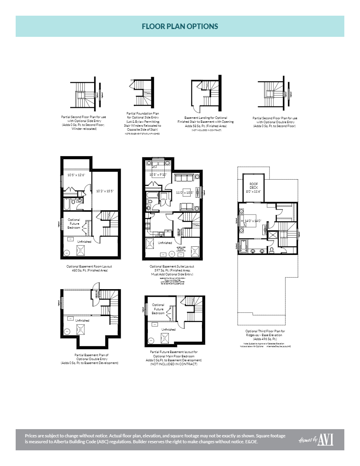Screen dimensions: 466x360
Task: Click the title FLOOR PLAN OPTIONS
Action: click(x=180, y=26)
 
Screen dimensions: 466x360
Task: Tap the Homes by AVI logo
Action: click(x=316, y=440)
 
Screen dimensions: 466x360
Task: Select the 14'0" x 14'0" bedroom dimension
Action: click(x=253, y=221)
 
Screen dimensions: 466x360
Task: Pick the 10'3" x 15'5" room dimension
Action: click(x=105, y=191)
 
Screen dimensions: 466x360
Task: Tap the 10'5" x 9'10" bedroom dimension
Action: click(x=158, y=175)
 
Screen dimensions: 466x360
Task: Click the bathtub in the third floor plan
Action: click(x=244, y=245)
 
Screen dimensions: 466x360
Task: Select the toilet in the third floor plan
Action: click(x=271, y=249)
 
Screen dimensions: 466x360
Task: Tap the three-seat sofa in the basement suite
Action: click(x=184, y=178)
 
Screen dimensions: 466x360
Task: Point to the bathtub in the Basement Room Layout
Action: click(x=67, y=204)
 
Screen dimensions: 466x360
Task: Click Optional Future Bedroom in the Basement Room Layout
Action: click(x=74, y=224)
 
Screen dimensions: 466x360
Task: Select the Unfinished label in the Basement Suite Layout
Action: click(x=165, y=243)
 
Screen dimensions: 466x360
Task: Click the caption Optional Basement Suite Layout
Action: click(x=172, y=266)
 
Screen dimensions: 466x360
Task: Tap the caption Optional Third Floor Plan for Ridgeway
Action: click(x=265, y=333)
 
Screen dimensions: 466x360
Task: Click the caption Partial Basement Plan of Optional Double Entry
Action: click(x=91, y=355)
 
